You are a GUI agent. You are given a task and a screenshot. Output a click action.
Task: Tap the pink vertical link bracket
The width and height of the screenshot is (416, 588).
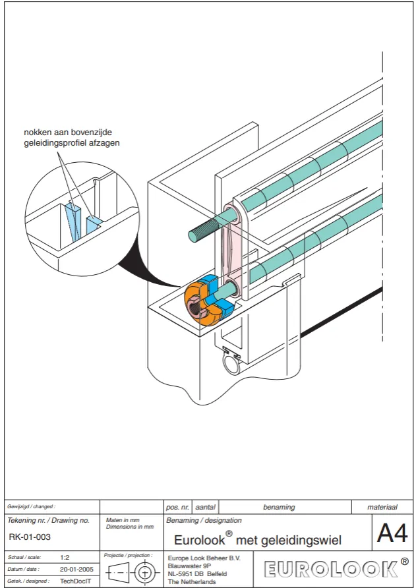tap(233, 250)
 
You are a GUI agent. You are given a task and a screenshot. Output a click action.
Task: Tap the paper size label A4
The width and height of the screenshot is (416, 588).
tap(392, 533)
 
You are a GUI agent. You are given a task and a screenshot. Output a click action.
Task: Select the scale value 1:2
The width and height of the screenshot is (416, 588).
tap(65, 557)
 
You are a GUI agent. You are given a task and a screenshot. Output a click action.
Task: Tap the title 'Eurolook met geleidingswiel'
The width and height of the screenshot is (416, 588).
tap(258, 540)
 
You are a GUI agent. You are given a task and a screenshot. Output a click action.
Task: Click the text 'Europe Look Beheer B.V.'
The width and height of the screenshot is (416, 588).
tap(204, 558)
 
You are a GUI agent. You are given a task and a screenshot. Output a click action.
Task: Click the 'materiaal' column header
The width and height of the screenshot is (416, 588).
tap(382, 507)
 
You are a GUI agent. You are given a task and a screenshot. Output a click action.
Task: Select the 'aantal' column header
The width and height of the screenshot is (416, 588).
tap(206, 507)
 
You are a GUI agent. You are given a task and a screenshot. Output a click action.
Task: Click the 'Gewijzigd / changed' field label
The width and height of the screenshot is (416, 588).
tap(31, 507)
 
